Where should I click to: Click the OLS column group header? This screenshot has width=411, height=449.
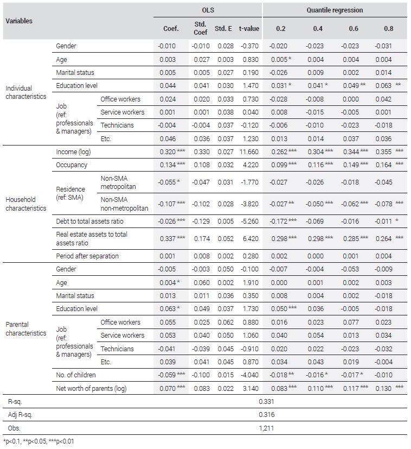208,10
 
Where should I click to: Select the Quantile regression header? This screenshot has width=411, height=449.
335,10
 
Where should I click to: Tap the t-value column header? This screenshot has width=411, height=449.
249,28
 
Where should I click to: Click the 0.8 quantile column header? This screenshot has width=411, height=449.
388,28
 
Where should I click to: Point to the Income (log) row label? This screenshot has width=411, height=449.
73,152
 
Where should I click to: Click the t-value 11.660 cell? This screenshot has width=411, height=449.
249,152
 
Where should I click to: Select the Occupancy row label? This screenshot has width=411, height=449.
72,165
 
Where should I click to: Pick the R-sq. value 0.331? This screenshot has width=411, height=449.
266,401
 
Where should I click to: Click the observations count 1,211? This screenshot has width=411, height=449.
266,428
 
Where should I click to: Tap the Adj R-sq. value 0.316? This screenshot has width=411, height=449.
266,415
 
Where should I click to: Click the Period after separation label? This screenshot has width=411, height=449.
87,256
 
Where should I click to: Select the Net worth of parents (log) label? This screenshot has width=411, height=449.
91,389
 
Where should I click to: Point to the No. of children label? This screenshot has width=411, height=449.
76,375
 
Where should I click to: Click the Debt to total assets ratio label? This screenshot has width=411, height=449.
89,221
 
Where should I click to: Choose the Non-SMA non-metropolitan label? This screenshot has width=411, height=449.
124,204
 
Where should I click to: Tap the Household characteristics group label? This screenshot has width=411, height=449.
25,204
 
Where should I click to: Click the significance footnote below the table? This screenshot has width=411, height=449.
38,441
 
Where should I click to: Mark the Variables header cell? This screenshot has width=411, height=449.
19,21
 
